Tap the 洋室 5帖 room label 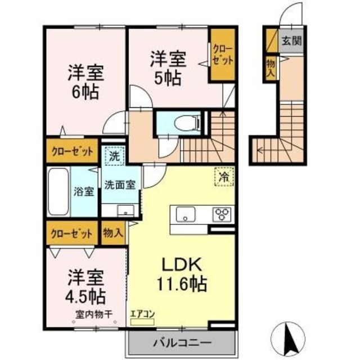coord(166,68)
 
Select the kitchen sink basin coord(186,215)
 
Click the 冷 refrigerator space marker coord(224,177)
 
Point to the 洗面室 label coord(119,184)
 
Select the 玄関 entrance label coord(291,40)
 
